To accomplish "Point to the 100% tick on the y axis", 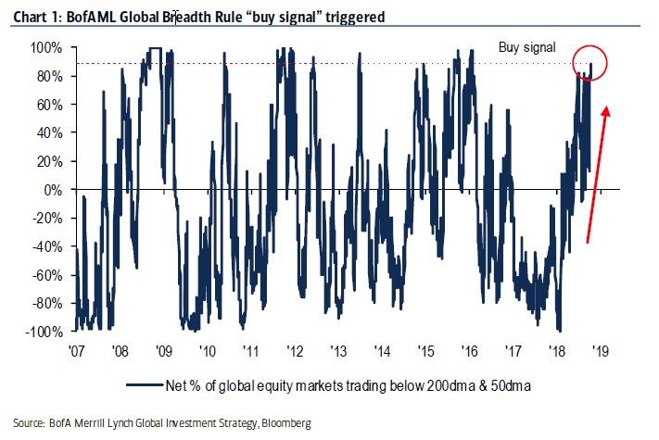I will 49,47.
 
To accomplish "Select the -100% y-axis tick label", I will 45,332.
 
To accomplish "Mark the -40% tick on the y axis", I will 48,246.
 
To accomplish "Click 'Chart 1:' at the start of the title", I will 33,15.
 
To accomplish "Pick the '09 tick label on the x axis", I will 163,352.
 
